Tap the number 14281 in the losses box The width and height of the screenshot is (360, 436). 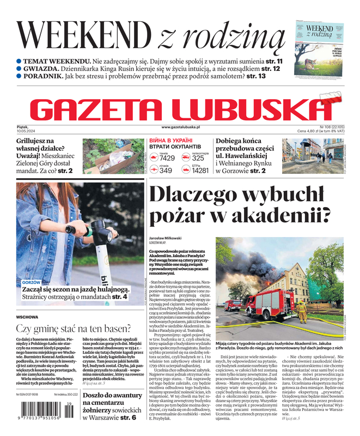[x=200, y=171]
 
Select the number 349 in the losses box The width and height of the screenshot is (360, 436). [x=166, y=171]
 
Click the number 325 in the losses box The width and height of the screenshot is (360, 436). [x=198, y=158]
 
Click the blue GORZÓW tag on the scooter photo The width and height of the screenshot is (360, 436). [x=32, y=283]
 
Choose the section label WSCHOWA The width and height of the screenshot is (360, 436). [x=27, y=317]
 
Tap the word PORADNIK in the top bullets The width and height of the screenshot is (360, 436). [x=44, y=76]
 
